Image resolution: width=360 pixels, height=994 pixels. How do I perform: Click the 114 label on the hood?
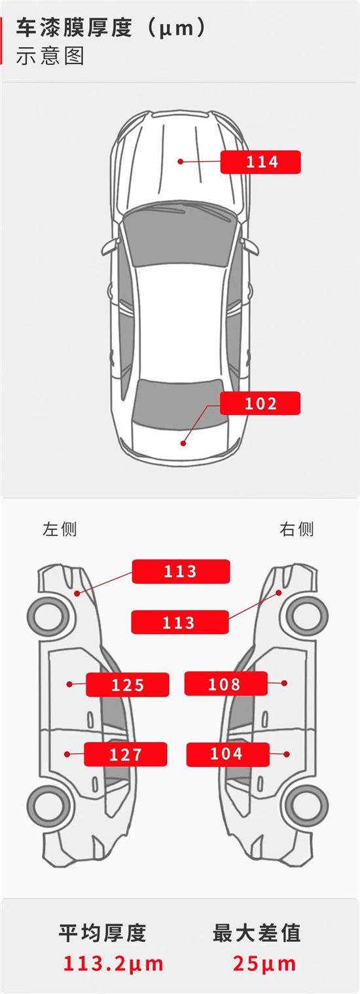coord(260,162)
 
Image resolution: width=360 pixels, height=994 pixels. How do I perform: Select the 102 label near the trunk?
coord(260,404)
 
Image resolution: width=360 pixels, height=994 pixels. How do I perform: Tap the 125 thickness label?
coord(128,684)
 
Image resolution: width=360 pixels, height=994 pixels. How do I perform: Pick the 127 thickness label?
coord(126,754)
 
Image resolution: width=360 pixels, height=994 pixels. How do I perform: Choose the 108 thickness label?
coord(226,684)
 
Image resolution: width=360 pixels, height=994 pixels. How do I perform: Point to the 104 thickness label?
coord(227,754)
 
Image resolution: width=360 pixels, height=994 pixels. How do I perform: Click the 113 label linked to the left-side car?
coord(181,571)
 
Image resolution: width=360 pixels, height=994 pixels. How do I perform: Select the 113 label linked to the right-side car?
coord(180,622)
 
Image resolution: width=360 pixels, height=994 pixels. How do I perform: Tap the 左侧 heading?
coord(60,529)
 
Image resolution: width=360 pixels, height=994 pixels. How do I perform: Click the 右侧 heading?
coord(297,529)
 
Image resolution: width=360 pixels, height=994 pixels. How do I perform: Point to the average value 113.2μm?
coord(113,963)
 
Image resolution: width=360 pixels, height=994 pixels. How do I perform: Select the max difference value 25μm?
coord(264,963)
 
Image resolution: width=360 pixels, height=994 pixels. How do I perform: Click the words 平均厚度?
coord(102,933)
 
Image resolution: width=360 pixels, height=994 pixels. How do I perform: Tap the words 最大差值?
coord(257,933)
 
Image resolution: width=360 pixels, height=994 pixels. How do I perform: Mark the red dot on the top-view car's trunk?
coord(183,443)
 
